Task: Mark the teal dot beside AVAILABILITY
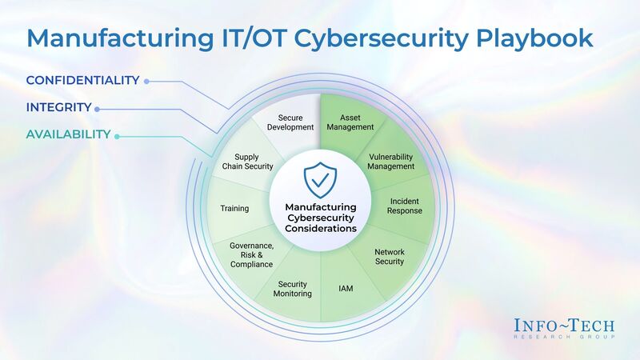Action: tap(117, 136)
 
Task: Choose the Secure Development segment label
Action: tap(290, 122)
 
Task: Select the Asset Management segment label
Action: tap(350, 122)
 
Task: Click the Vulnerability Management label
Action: tap(391, 162)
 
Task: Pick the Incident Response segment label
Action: tap(406, 206)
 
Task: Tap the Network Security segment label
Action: tap(390, 257)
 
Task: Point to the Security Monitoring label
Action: tap(293, 289)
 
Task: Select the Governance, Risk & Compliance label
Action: tap(251, 254)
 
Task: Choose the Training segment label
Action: tap(234, 209)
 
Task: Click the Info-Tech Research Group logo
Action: tap(565, 328)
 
